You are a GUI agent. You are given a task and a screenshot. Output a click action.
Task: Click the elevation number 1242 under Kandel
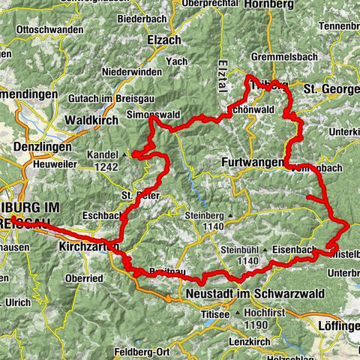pos(108,166)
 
